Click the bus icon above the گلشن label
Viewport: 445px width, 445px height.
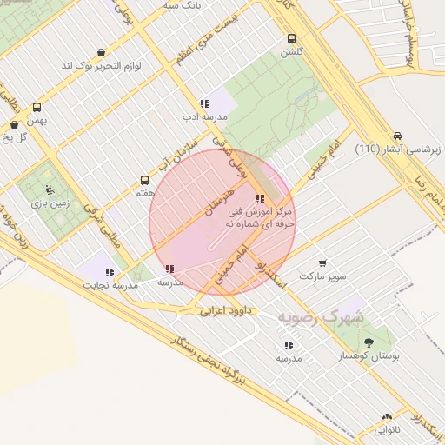pos(290,38)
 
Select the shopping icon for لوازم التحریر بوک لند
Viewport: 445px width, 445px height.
pos(102,52)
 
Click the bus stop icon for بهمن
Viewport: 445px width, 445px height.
pos(37,108)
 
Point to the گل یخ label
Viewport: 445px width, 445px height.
pos(17,136)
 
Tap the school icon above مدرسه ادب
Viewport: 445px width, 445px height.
pos(204,103)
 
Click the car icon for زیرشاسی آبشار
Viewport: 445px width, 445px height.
pos(396,136)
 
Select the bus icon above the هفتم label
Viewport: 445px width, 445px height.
pos(144,181)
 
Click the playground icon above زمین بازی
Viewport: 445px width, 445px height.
pos(50,189)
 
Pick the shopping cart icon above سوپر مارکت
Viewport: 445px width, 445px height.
pos(322,262)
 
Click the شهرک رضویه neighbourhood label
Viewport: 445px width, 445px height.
pos(322,318)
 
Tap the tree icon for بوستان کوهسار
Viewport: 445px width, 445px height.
pos(369,343)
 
